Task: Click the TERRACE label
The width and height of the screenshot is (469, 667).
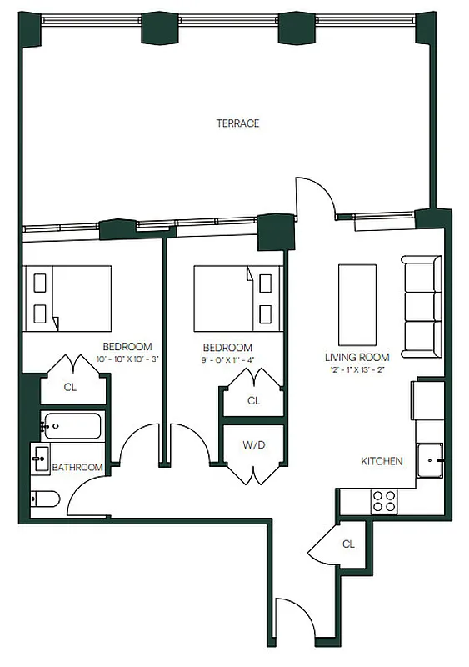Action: click(237, 123)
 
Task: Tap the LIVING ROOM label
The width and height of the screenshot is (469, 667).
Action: click(357, 357)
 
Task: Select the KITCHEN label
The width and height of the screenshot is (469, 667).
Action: click(382, 461)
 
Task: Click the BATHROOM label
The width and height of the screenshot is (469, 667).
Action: click(77, 468)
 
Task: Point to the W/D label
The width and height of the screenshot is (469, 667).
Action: click(253, 444)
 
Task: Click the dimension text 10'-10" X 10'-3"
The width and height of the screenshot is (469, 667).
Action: click(127, 359)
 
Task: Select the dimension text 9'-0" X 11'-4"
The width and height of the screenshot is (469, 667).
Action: click(227, 359)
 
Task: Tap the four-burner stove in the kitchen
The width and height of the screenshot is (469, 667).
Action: click(384, 500)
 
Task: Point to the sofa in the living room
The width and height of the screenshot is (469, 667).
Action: click(421, 305)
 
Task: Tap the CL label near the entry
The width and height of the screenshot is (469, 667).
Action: click(348, 544)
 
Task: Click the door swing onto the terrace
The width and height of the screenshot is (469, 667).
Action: click(316, 198)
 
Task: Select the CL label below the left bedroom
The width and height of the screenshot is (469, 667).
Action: click(72, 388)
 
